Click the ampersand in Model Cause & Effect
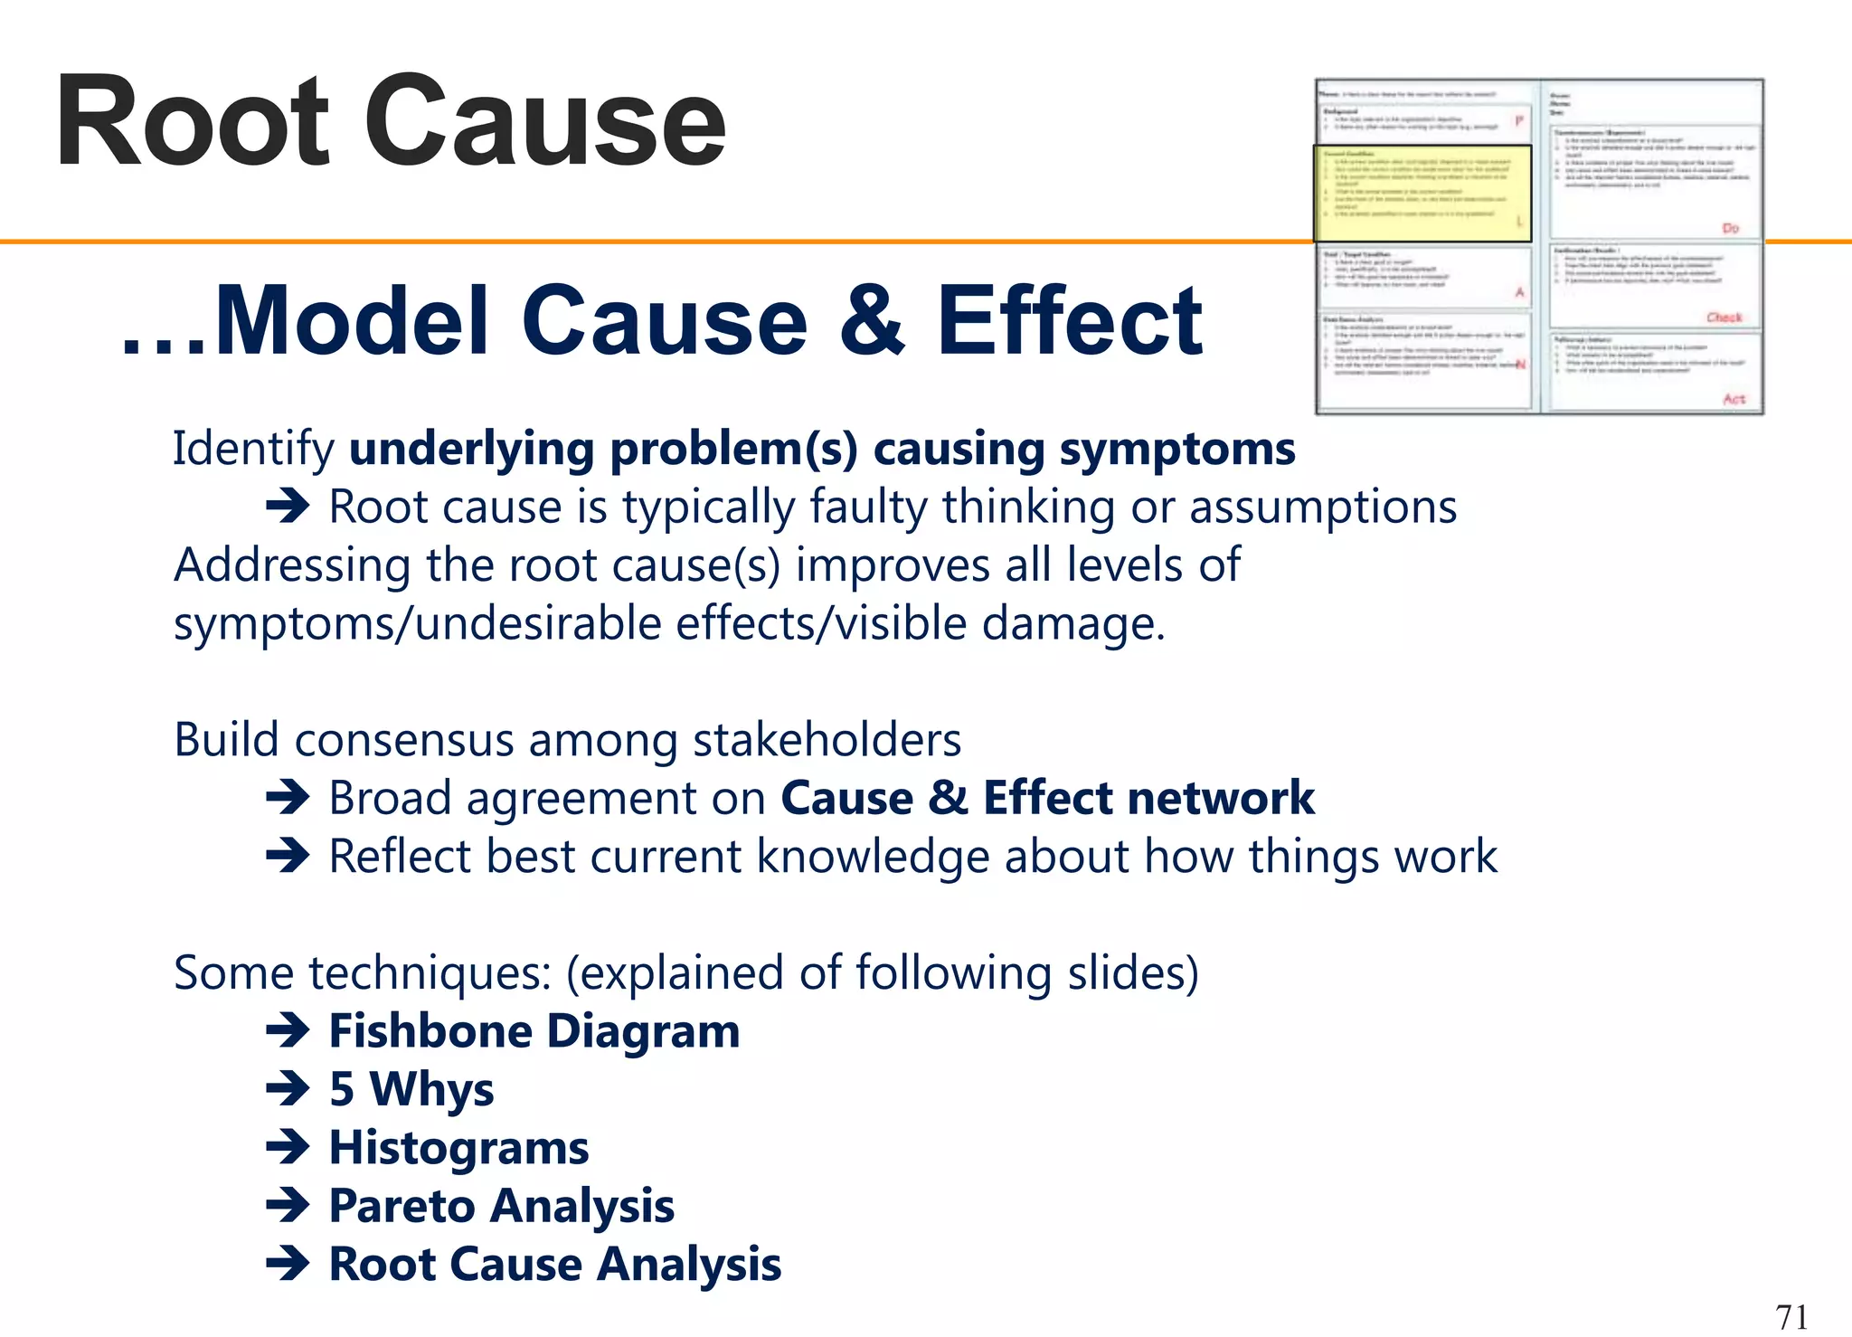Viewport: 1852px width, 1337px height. [x=871, y=321]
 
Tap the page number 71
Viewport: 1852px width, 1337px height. [x=1791, y=1316]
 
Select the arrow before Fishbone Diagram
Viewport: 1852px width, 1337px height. [x=288, y=1031]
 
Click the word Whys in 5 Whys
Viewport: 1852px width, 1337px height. [x=431, y=1089]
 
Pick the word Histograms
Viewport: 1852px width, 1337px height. [x=458, y=1148]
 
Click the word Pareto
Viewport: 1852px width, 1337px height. [x=401, y=1206]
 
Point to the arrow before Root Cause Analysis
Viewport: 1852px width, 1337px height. [x=288, y=1264]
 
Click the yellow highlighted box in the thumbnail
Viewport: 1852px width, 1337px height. [x=1421, y=193]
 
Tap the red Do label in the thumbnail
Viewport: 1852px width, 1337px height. [x=1730, y=228]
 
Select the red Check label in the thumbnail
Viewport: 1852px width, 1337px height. [x=1724, y=318]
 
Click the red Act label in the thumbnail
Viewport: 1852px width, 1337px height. [x=1733, y=399]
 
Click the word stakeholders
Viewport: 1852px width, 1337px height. [x=827, y=740]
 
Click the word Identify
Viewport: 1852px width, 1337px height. [x=253, y=450]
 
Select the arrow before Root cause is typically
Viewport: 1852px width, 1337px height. [x=288, y=507]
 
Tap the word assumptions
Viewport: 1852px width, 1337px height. [x=1323, y=507]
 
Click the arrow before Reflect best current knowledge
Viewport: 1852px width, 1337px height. [x=288, y=856]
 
